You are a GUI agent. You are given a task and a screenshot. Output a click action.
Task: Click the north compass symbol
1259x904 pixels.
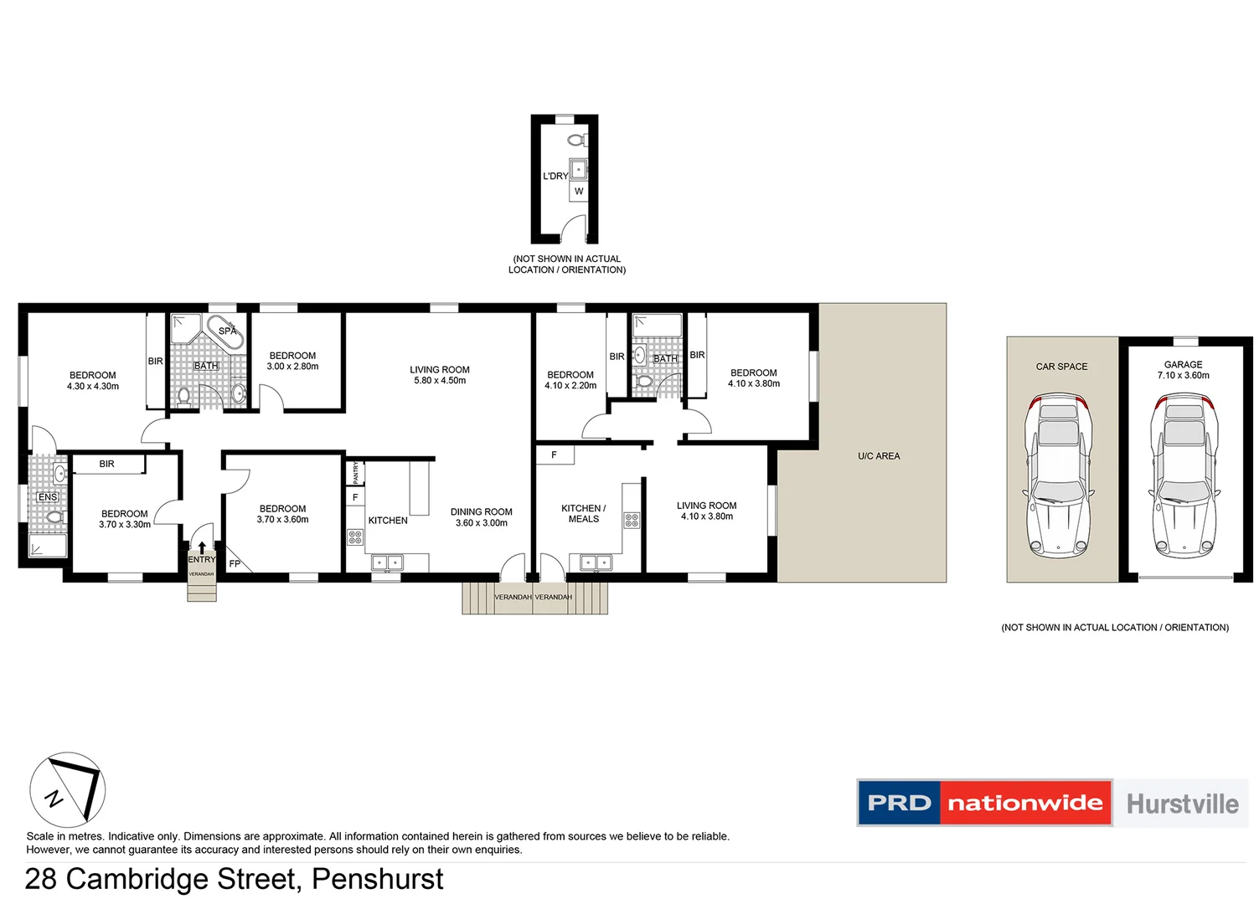68,789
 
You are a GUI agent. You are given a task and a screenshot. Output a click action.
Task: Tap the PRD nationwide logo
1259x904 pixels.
984,803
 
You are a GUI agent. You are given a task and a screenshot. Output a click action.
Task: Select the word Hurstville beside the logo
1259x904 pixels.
1182,804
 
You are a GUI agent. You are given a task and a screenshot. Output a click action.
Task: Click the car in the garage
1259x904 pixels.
1184,477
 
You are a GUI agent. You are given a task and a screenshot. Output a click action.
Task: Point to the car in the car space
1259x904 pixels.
1058,477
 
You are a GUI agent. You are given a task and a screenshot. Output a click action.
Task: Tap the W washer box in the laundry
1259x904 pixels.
579,192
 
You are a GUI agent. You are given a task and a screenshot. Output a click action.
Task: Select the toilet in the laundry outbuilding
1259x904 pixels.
576,140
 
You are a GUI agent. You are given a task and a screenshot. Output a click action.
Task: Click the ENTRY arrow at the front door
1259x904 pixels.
202,548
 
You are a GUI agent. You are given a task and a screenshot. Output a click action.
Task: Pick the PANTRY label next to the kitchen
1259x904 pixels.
355,473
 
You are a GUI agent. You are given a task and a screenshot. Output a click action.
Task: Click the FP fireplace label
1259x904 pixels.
235,563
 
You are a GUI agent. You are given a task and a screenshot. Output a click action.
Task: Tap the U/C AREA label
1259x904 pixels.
879,456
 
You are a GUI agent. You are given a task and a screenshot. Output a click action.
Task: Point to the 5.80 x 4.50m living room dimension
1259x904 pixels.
440,381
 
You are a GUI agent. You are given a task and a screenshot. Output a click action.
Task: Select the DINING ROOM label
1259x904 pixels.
481,511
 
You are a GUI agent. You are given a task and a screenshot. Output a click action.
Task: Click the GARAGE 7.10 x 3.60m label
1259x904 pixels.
1183,370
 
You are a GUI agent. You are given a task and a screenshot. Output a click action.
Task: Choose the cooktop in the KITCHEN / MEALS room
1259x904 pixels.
632,521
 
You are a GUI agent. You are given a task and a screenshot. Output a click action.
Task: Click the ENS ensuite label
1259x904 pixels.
48,497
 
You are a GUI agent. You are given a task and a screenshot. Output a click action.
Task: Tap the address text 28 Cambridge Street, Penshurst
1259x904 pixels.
235,879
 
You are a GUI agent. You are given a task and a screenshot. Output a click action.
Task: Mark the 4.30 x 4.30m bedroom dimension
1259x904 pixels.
93,387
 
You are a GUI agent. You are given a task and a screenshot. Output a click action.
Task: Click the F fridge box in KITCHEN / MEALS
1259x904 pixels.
554,455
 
